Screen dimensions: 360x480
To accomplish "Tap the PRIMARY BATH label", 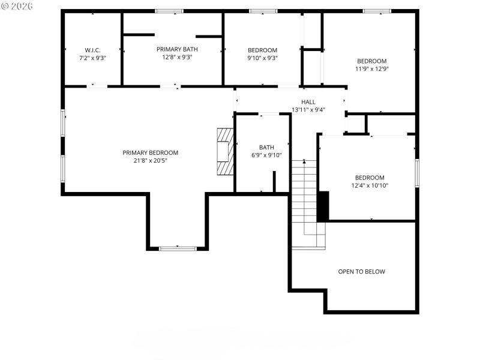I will [x=177, y=49].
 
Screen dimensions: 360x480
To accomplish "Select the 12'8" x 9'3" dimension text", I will [x=177, y=58].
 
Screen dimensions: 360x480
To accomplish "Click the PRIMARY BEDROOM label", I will [x=151, y=152].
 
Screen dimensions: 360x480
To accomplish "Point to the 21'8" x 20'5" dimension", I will [x=151, y=161].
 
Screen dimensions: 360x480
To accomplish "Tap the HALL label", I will [x=308, y=102].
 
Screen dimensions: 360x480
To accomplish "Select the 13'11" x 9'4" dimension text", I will [x=308, y=110].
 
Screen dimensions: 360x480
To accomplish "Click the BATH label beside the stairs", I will [x=266, y=147].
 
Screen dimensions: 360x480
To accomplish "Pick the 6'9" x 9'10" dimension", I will [x=266, y=155].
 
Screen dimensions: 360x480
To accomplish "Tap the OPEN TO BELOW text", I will [x=361, y=272].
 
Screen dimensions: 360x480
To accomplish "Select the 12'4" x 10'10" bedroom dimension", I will [x=369, y=186].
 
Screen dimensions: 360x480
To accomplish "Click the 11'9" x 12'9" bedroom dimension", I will [x=372, y=69].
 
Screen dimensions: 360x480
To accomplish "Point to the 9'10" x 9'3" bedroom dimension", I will [x=263, y=58].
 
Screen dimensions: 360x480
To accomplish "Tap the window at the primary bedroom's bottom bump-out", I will [x=178, y=248].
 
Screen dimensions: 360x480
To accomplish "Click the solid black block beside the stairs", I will [x=323, y=206].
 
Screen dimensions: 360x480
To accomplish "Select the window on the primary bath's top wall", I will [x=169, y=11].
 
